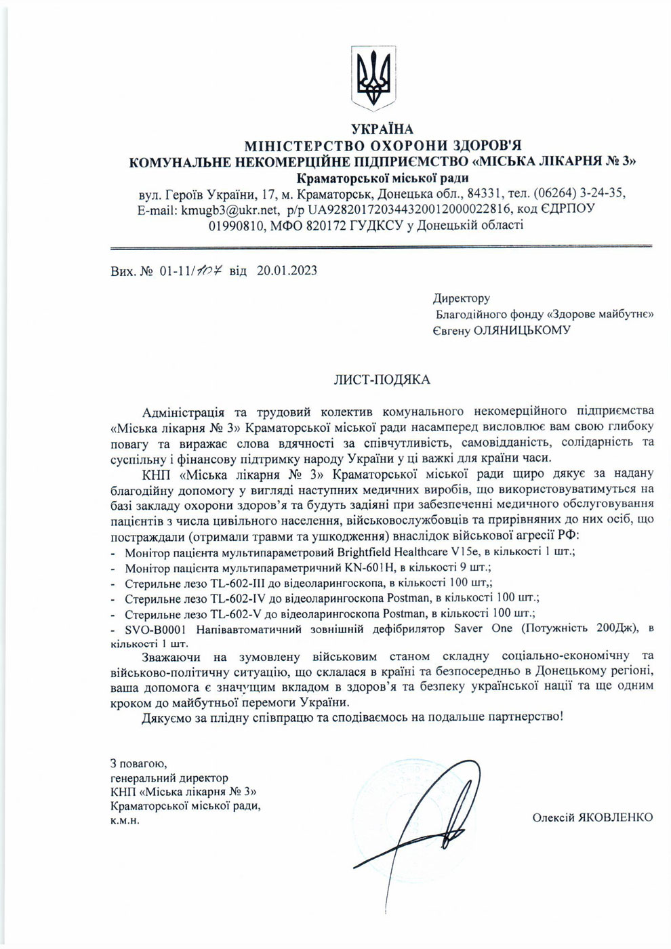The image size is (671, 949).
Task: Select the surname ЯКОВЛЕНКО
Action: [615, 817]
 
